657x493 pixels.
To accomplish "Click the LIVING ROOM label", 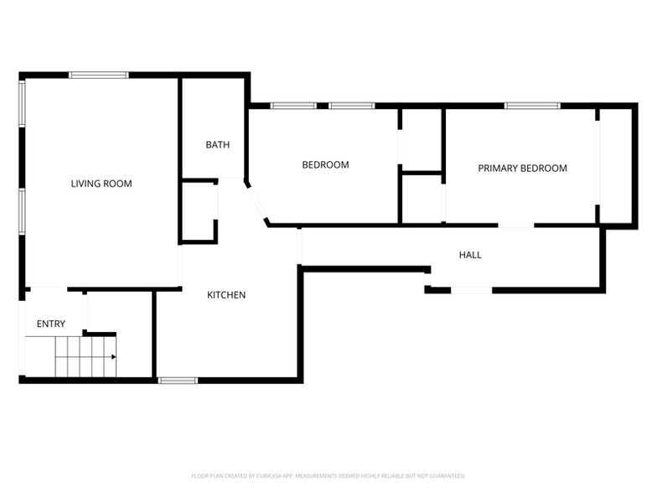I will [x=101, y=184].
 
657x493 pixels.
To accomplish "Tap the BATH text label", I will [x=217, y=145].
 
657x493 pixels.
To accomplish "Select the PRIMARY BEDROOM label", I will [x=522, y=169].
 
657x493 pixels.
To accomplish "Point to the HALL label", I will [x=470, y=255].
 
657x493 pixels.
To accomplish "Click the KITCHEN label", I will [x=226, y=295].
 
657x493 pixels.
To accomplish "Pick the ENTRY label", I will [x=50, y=324].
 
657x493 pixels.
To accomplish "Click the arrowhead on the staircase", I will [x=112, y=356].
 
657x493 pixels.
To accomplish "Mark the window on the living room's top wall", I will [x=98, y=75].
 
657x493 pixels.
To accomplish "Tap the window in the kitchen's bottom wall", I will [x=178, y=381].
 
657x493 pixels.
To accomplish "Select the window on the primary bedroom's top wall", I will [x=531, y=106].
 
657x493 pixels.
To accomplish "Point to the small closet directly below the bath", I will [x=199, y=210].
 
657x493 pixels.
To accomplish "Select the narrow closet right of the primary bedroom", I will [x=613, y=165].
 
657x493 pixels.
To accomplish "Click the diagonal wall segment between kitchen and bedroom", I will [x=256, y=202].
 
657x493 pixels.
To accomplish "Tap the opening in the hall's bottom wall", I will [x=471, y=290].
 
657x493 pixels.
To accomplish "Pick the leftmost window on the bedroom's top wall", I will [x=293, y=106].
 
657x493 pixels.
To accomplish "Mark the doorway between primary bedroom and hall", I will [x=515, y=226].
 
